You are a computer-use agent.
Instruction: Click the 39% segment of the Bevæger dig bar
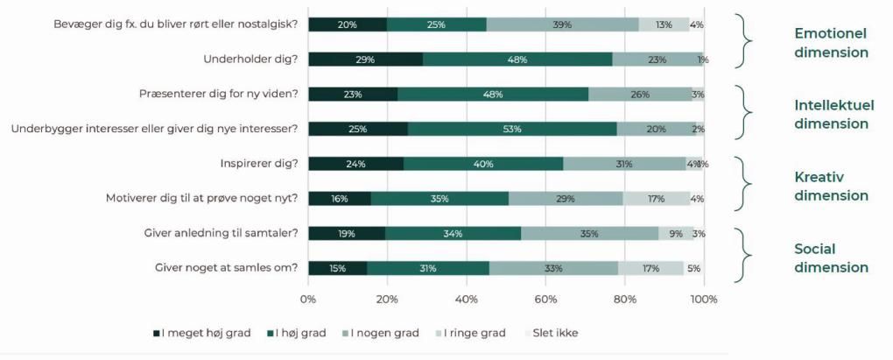click(x=562, y=25)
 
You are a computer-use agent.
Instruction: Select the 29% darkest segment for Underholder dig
click(x=366, y=60)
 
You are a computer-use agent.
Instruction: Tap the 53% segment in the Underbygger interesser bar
click(x=512, y=129)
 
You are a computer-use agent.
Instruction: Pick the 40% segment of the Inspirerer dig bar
click(x=483, y=164)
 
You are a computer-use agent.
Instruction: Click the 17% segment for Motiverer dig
click(x=656, y=198)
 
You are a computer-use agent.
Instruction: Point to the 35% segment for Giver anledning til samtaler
click(x=589, y=233)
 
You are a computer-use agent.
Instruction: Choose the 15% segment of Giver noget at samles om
click(x=338, y=268)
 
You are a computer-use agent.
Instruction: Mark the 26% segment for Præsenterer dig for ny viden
click(x=640, y=94)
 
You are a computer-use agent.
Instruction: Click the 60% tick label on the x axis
click(x=545, y=300)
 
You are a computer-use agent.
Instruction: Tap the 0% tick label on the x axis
click(x=308, y=300)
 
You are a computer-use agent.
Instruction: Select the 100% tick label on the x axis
click(x=704, y=300)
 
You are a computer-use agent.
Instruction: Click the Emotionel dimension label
click(x=830, y=43)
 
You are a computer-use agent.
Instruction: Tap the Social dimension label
click(x=830, y=258)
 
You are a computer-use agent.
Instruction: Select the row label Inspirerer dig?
click(x=259, y=164)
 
